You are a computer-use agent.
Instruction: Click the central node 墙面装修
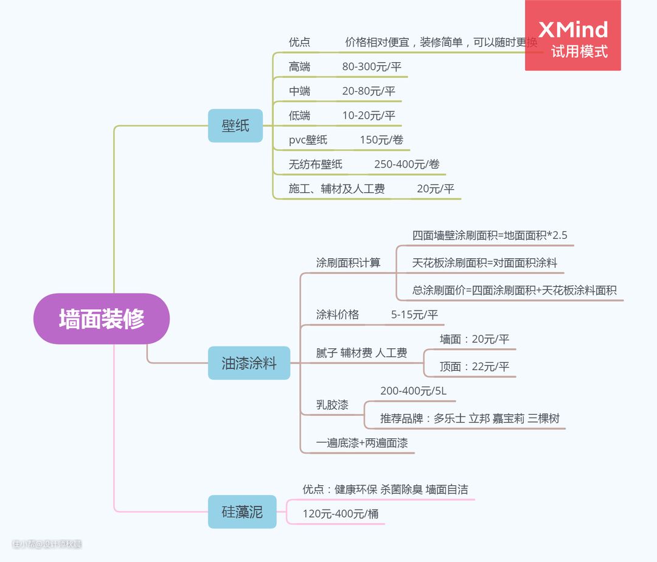[101, 319]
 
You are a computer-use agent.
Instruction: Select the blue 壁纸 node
[235, 125]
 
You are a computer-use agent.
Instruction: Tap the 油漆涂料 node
[249, 364]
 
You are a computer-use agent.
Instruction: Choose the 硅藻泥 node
[242, 511]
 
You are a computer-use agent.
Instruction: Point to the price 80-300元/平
[372, 67]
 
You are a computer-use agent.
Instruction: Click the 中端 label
[299, 91]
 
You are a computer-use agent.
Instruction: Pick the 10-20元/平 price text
[369, 116]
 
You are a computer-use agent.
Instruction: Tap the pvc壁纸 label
[308, 140]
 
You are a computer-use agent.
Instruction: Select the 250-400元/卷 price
[406, 164]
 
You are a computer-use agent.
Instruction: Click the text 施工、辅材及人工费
[336, 189]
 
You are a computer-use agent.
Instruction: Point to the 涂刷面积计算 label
[348, 263]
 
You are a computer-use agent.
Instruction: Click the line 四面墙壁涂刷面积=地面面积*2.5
[490, 236]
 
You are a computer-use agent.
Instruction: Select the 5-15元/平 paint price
[414, 315]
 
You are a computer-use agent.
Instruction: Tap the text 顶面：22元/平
[474, 367]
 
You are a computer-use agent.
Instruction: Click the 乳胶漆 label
[332, 405]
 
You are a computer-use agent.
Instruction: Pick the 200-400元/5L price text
[413, 391]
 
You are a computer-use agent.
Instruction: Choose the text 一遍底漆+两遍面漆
[362, 443]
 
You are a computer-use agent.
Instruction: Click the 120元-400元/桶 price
[341, 514]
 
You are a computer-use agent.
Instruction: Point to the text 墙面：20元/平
[474, 340]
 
